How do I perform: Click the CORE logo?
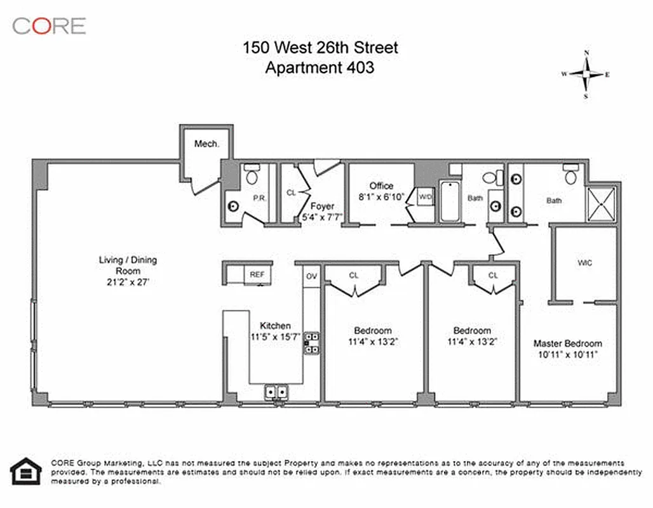coord(49,26)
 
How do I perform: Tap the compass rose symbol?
coord(586,74)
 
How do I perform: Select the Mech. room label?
coord(206,144)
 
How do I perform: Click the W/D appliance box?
coord(424,197)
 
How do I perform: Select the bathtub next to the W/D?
coord(449,201)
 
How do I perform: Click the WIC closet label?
coord(584,262)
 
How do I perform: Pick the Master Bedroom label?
coord(567,344)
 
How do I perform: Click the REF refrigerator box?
coord(257,275)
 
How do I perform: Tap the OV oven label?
coord(311,276)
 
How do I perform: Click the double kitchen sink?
coord(276,392)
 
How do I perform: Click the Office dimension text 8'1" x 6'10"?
coord(381,196)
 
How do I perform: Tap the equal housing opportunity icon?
coord(26,471)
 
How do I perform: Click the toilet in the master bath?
coord(570,175)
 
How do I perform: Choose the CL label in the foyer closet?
coord(291,192)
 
